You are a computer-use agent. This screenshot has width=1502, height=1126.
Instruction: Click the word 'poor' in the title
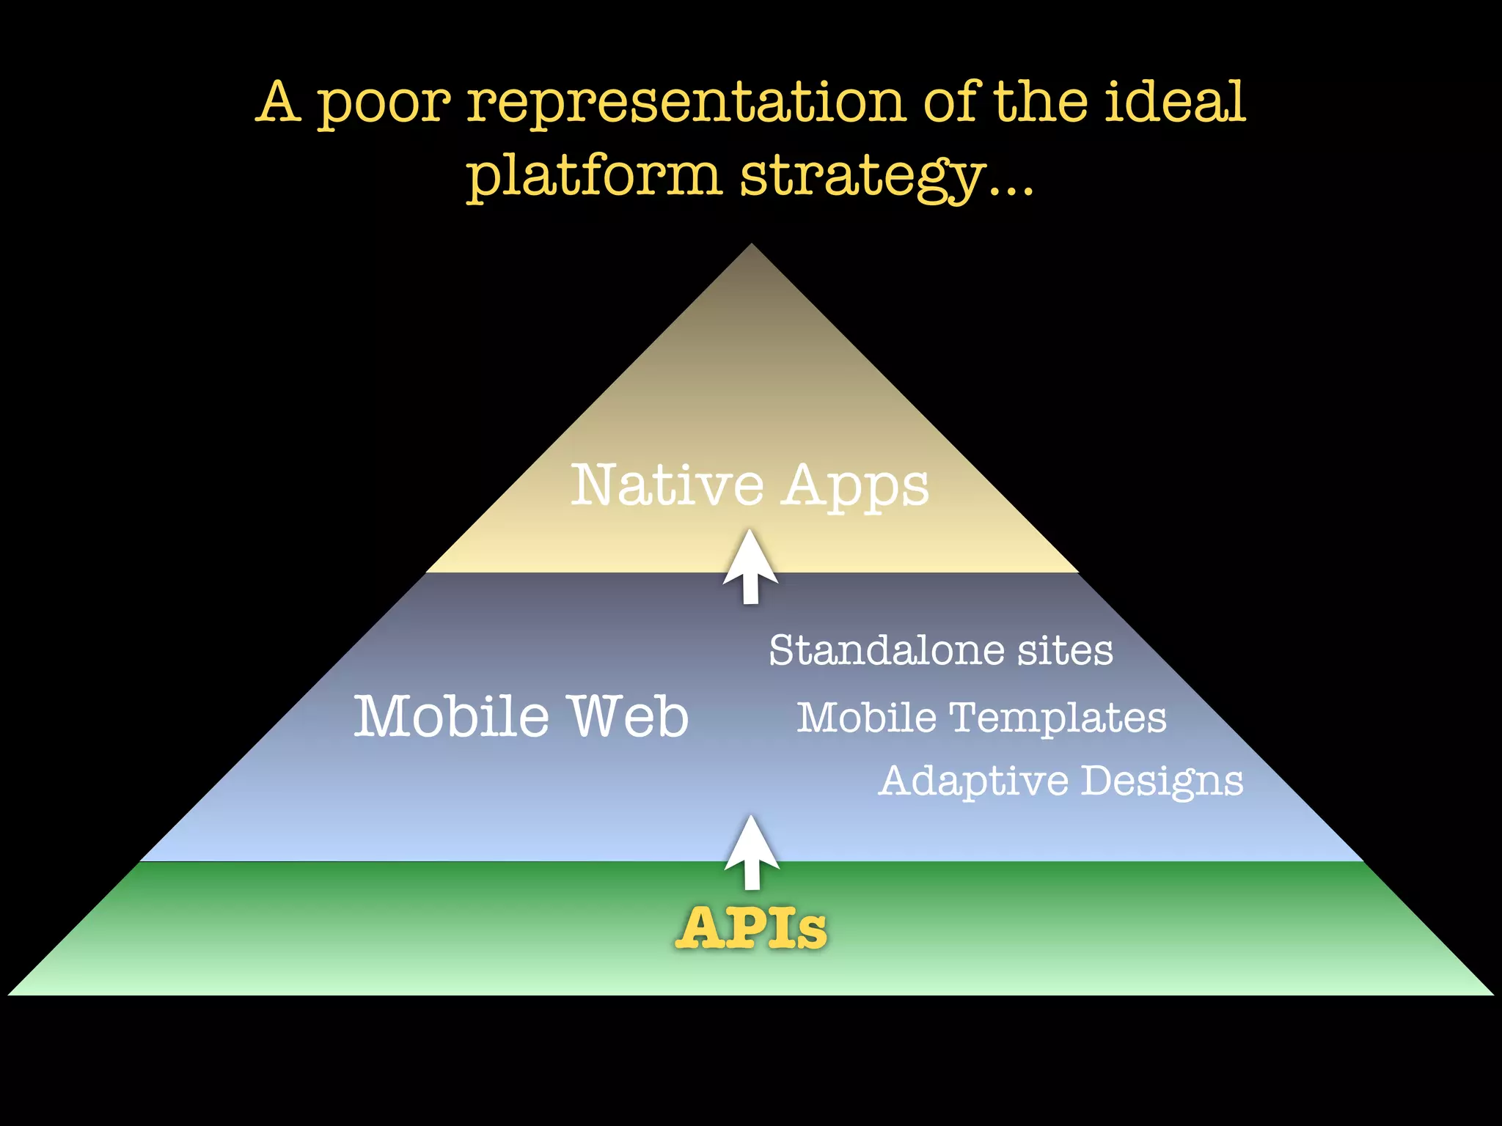tap(383, 104)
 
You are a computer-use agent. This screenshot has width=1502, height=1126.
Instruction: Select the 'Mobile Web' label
tap(521, 716)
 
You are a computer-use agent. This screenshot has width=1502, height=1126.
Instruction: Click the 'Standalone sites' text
tap(941, 650)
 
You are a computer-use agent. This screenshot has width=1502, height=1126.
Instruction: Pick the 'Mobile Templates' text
tap(981, 718)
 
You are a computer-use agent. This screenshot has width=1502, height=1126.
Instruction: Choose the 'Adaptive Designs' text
tap(1060, 781)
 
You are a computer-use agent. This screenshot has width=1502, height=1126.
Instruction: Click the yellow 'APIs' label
tap(751, 928)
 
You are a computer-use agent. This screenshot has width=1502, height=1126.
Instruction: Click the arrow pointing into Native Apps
tap(750, 567)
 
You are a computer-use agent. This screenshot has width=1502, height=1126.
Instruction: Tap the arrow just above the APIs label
tap(752, 853)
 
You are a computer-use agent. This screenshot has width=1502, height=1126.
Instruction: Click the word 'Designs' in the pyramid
tap(1162, 781)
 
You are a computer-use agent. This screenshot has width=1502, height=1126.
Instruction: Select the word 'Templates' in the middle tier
tap(1058, 718)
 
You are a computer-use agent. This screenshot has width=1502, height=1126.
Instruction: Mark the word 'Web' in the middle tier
tap(630, 716)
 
